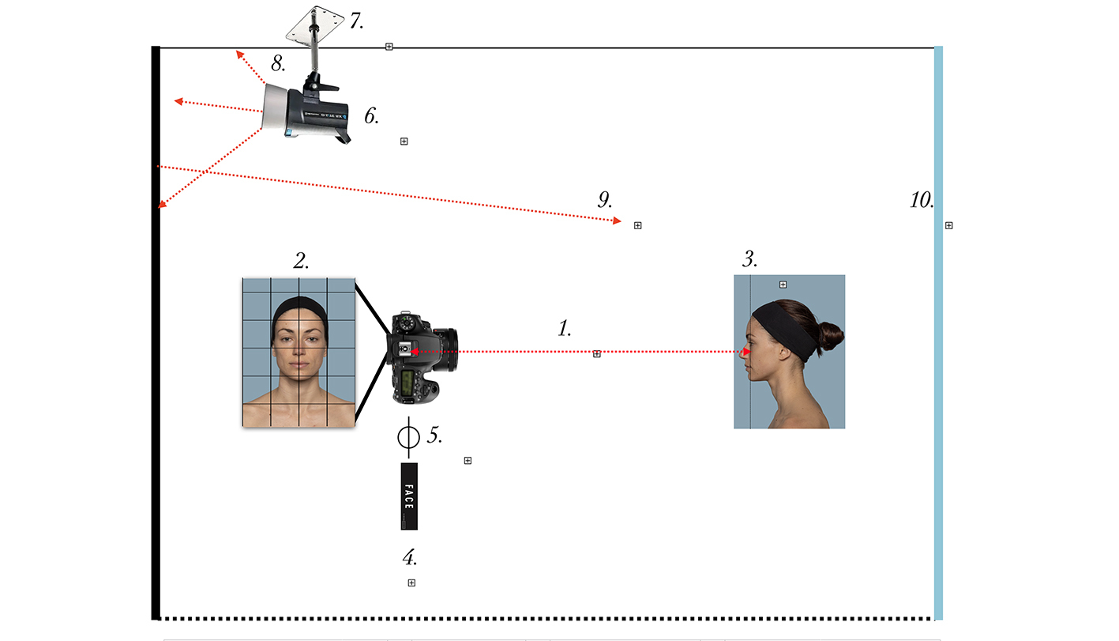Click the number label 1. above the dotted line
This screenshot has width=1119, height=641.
(x=565, y=328)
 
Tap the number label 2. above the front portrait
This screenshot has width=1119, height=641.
(x=301, y=261)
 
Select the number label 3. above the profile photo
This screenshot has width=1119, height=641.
(x=750, y=259)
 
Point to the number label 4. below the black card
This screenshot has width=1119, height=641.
(x=410, y=558)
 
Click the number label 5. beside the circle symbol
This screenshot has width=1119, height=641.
(x=434, y=436)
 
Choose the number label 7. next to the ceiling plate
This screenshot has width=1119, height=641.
(x=356, y=21)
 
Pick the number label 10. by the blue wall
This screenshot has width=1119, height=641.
(x=922, y=200)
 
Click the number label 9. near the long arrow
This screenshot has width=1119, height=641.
(x=605, y=199)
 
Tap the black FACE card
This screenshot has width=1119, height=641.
(x=409, y=496)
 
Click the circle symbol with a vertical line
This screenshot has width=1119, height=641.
(x=408, y=436)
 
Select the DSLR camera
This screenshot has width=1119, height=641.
(x=422, y=356)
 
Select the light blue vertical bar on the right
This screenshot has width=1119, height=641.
(x=938, y=332)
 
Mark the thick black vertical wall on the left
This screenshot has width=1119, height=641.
(x=156, y=332)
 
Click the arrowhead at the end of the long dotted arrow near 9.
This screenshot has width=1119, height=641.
(x=618, y=221)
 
